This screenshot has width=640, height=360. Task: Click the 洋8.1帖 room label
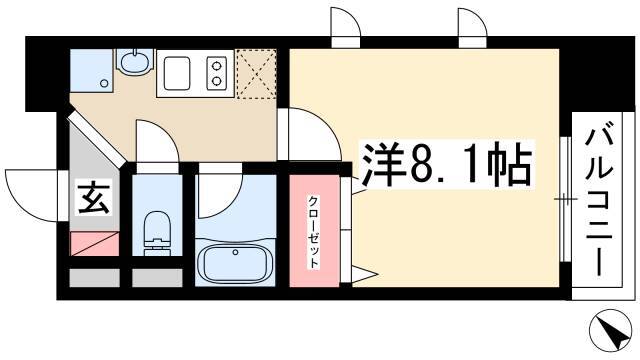pyautogui.click(x=447, y=163)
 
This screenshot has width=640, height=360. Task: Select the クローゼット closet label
pyautogui.click(x=313, y=232)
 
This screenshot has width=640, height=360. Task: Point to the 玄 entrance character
pyautogui.click(x=94, y=198)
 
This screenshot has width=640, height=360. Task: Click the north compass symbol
pyautogui.click(x=613, y=329)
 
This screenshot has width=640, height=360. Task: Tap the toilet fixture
pyautogui.click(x=157, y=232)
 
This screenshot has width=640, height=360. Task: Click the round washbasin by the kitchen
pyautogui.click(x=136, y=62)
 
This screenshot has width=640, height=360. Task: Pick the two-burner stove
pyautogui.click(x=216, y=73)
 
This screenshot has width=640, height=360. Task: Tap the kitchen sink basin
pyautogui.click(x=177, y=73)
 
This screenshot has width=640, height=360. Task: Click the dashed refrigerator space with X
pyautogui.click(x=256, y=73)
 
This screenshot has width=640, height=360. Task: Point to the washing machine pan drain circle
pyautogui.click(x=104, y=84)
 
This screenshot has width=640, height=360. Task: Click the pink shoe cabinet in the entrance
pyautogui.click(x=95, y=244)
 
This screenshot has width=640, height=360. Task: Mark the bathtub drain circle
pyautogui.click(x=235, y=252)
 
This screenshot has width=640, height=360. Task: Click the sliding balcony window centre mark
pyautogui.click(x=566, y=199)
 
